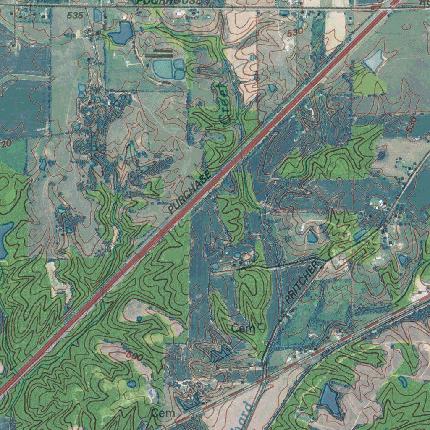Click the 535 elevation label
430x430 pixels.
(x=75, y=16)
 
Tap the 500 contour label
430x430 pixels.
(x=134, y=357)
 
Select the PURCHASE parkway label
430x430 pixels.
(x=190, y=193)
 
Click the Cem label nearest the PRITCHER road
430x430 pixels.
(x=244, y=329)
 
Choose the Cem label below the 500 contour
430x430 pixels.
(x=163, y=413)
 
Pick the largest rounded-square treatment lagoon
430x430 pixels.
(x=162, y=68)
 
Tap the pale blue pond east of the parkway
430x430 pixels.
(x=373, y=61)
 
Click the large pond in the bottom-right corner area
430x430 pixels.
(x=330, y=399)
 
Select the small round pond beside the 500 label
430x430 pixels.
(x=131, y=384)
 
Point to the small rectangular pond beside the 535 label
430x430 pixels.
(x=98, y=16)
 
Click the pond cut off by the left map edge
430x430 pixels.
(x=4, y=240)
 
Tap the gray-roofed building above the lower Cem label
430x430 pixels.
(x=152, y=393)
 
